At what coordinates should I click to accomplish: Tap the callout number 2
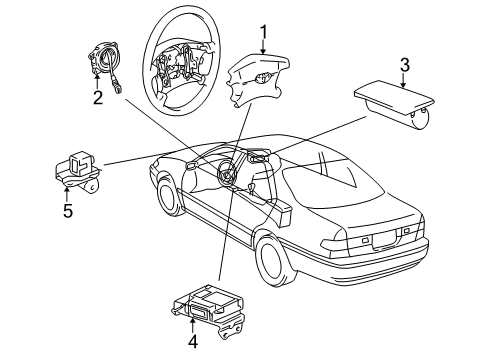pyautogui.click(x=97, y=97)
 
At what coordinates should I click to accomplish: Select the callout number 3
pyautogui.click(x=404, y=65)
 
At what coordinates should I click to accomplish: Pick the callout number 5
pyautogui.click(x=68, y=211)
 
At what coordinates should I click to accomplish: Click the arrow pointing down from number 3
pyautogui.click(x=404, y=80)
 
